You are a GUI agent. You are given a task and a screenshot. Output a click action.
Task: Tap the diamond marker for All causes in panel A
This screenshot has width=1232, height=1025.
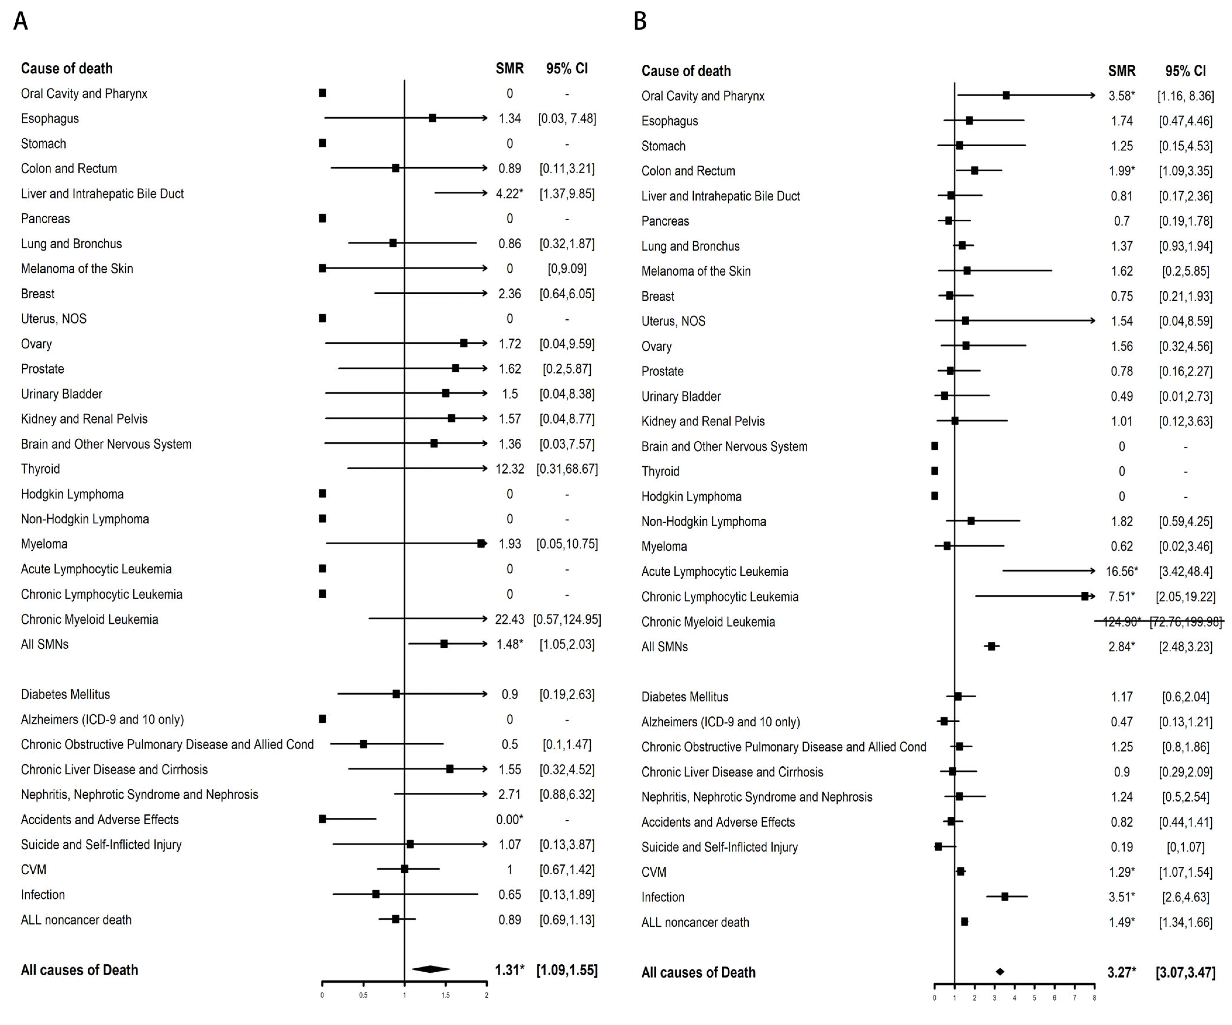431,969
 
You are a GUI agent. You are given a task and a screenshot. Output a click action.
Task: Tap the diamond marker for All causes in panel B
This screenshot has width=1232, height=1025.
1000,971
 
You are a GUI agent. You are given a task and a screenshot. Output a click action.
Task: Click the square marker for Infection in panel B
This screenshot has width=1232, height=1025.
1005,897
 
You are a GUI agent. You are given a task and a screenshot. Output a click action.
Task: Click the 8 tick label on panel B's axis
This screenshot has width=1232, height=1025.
1094,998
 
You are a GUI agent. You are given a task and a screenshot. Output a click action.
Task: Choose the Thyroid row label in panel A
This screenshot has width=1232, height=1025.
40,469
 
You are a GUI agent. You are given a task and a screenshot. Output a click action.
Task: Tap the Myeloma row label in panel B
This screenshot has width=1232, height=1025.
664,546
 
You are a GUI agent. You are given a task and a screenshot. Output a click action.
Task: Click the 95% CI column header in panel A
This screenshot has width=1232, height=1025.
567,69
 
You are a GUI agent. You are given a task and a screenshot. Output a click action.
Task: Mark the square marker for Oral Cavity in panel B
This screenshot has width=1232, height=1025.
1006,95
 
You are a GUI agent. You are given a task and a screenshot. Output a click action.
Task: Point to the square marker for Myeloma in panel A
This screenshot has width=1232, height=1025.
481,543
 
